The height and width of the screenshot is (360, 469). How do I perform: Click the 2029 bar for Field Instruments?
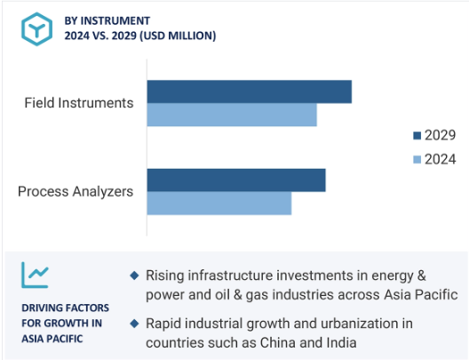point(250,92)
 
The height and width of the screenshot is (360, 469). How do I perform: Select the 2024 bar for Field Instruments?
point(232,115)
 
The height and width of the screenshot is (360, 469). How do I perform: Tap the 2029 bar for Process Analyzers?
point(236,180)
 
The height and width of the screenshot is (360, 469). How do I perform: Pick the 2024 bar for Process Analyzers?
point(219,204)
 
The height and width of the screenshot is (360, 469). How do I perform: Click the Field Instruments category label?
point(79,102)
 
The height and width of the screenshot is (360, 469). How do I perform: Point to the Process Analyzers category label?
point(76,191)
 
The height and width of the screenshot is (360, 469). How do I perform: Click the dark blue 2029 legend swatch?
point(417,136)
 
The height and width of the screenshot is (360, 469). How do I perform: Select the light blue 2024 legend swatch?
point(417,159)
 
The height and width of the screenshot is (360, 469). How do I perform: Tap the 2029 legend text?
point(441,135)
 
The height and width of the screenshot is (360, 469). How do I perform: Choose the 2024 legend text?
point(441,159)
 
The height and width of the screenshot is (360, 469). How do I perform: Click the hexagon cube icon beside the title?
point(36,29)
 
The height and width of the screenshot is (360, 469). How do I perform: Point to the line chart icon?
point(35,275)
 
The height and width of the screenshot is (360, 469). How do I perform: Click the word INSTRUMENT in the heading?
point(115,21)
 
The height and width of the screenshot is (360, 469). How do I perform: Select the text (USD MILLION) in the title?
point(178,36)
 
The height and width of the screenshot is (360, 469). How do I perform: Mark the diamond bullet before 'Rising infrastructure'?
point(135,276)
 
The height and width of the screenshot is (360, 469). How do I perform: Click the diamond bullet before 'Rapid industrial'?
point(135,324)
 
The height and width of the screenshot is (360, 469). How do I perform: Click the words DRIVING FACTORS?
point(65,308)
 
